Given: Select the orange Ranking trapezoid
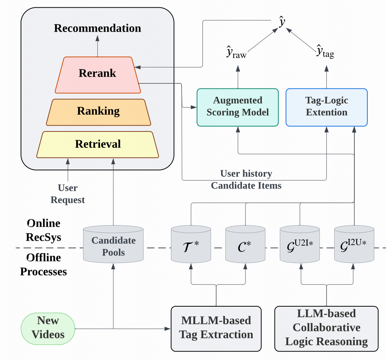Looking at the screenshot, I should coord(98,112).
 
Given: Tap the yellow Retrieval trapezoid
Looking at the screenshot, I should coord(98,144).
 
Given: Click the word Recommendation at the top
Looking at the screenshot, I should coord(97,28).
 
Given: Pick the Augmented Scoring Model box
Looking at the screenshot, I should coord(238,107).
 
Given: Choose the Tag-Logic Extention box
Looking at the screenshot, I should coord(326,107).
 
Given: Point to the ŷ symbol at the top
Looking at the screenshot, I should coord(282,23).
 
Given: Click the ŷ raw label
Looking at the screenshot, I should coord(236,54).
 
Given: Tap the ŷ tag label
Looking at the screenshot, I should coord(325,52).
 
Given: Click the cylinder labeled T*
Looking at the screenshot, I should coord(191,245).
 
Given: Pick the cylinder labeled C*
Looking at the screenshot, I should coord(245,245).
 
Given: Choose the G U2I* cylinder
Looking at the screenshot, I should coord(300,245).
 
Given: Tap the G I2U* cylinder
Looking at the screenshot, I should coord(354,245).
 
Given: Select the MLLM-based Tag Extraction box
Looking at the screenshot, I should coord(216,328).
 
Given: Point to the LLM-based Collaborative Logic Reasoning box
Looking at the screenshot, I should coord(326,328).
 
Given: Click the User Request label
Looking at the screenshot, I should coord(68,194).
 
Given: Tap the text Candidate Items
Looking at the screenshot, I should coord(246,186).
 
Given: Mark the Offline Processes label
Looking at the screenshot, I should coord(43,265).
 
